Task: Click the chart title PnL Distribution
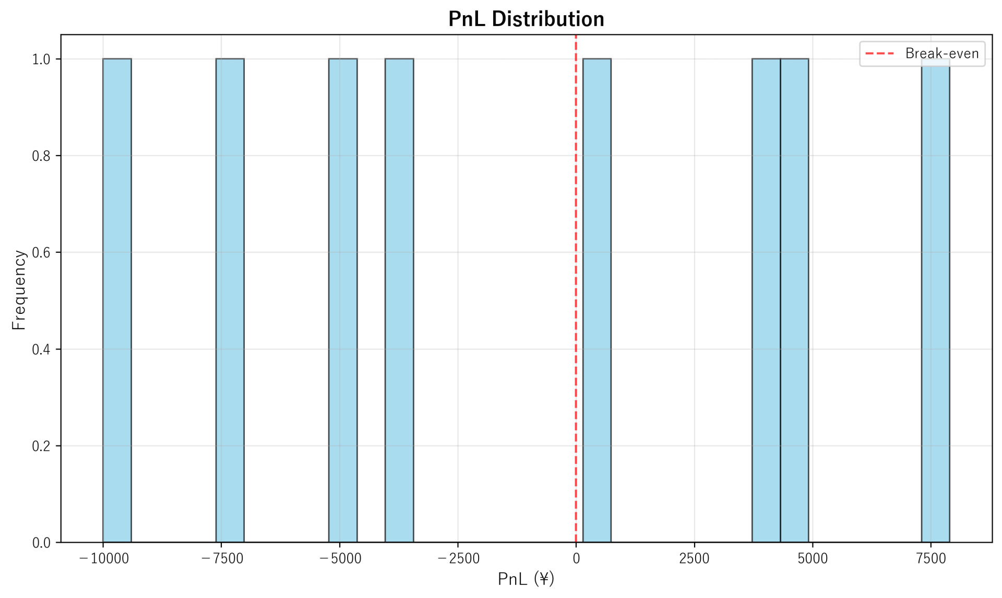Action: (x=526, y=19)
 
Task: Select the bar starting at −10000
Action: (x=117, y=300)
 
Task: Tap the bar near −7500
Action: (x=230, y=300)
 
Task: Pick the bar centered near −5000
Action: (x=343, y=300)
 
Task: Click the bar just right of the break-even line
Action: (x=597, y=300)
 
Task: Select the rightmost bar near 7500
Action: (x=935, y=300)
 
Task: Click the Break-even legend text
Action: (x=941, y=54)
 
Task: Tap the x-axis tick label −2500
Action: (x=458, y=559)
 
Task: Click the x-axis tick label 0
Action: (x=576, y=559)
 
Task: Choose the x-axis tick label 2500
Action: (x=694, y=559)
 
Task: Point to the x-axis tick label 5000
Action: (x=813, y=559)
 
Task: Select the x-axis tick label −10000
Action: (x=103, y=559)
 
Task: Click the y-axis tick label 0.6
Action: (x=41, y=253)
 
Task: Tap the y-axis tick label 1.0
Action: (x=41, y=60)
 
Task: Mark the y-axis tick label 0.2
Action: (x=41, y=446)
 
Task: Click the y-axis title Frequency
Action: (x=19, y=290)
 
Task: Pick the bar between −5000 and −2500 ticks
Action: (x=399, y=300)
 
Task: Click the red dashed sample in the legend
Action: (x=879, y=54)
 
